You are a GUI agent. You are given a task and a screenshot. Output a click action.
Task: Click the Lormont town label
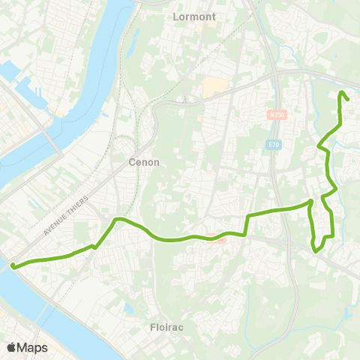click(x=194, y=16)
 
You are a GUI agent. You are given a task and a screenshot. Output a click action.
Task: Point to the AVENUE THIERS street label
click(x=66, y=216)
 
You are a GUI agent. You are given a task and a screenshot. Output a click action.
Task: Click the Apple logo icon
click(x=11, y=347)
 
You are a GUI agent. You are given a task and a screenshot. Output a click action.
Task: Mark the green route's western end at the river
click(x=13, y=265)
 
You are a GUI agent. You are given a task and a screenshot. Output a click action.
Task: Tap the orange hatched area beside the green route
click(x=216, y=240)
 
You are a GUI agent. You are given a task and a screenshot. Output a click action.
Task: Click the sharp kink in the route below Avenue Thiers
click(x=94, y=246)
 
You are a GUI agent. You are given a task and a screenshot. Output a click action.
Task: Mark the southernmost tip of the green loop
click(x=316, y=252)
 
